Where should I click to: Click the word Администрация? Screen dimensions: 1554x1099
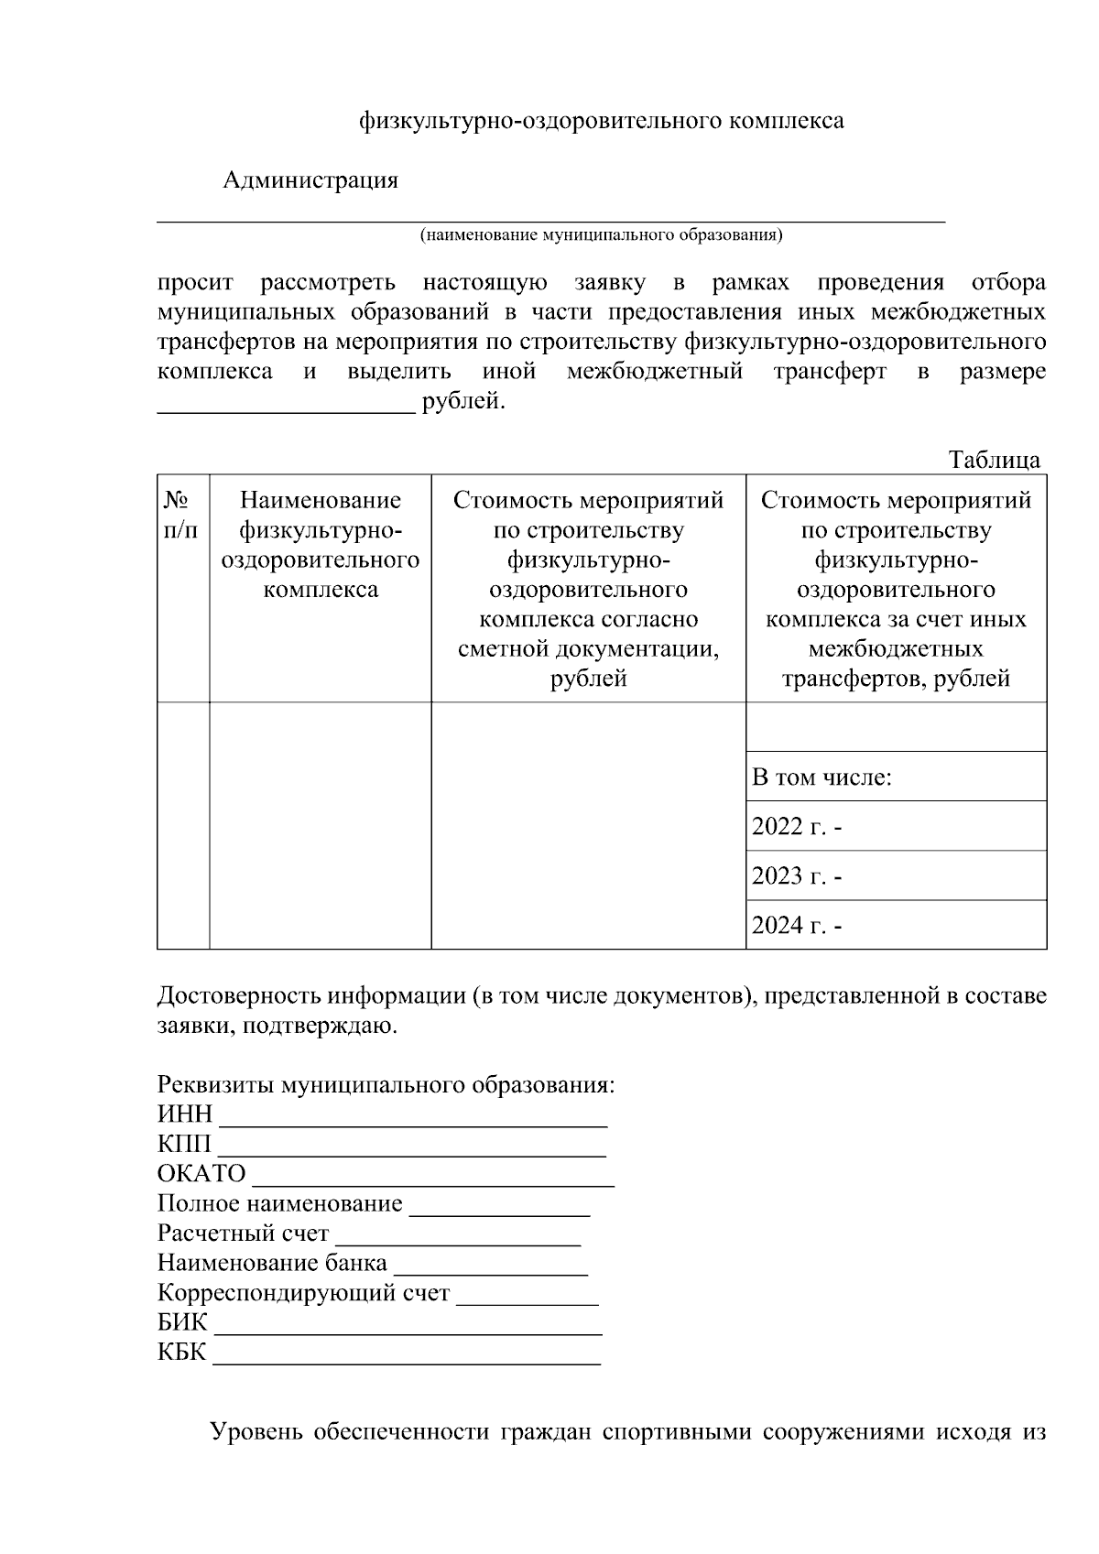(310, 180)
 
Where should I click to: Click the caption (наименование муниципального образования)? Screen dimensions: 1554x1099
(601, 235)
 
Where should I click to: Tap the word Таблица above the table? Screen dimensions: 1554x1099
(995, 460)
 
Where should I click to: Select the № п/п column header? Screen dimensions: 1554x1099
(182, 515)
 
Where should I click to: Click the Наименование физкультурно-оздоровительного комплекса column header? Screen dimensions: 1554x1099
(320, 544)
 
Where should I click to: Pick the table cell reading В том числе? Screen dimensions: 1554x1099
(822, 777)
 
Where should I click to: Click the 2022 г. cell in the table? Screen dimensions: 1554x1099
(797, 827)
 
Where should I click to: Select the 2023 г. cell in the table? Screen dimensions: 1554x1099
(797, 876)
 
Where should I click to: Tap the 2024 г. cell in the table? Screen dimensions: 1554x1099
(797, 926)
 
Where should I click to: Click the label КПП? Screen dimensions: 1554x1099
(184, 1145)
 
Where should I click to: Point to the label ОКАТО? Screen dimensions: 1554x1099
(201, 1174)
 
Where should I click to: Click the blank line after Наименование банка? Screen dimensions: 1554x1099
(490, 1271)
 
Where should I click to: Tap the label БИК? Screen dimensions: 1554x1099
(182, 1324)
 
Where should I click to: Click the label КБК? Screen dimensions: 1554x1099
(182, 1353)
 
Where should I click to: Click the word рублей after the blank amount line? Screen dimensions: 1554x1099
(462, 401)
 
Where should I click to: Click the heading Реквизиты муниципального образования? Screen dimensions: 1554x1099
(386, 1085)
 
